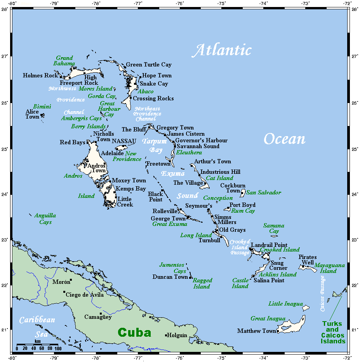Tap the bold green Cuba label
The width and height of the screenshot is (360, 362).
tap(134, 333)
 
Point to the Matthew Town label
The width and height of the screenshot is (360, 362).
tap(257, 331)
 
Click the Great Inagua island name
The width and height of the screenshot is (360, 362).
tap(268, 318)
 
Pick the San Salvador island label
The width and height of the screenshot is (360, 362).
tap(264, 192)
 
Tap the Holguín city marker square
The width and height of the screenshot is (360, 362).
tap(166, 335)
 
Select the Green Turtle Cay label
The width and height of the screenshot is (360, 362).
tap(149, 65)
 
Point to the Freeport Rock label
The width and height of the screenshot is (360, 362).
tap(79, 83)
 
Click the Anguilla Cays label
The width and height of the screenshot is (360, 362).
tap(45, 219)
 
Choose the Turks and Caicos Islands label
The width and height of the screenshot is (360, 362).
tap(332, 332)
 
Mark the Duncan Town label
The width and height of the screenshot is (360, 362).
tap(170, 277)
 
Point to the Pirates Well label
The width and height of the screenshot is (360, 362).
tap(308, 260)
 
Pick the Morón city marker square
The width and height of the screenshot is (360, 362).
tap(71, 280)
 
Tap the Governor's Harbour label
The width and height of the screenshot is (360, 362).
tap(201, 140)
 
